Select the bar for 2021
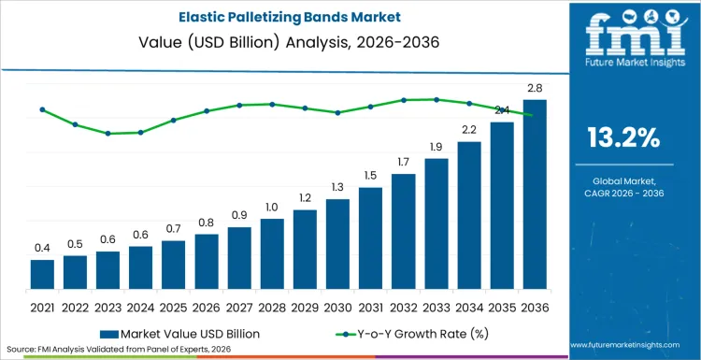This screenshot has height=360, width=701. pos(42,274)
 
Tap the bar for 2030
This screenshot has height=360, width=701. pos(337,244)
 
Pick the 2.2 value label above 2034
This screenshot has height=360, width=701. pos(468,129)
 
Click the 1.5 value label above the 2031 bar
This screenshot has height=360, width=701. pos(370,175)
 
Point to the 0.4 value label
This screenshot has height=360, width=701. pos(42,248)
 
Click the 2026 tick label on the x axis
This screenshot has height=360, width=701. pos(207,306)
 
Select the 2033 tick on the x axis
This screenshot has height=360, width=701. pos(436,306)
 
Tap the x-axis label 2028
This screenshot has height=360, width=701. pos(272,306)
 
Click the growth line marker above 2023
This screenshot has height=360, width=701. pos(107,134)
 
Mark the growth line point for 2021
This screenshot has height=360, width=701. pos(42,109)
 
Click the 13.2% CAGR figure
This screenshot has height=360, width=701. pos(623,138)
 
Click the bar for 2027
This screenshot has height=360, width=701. pos(239,258)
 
